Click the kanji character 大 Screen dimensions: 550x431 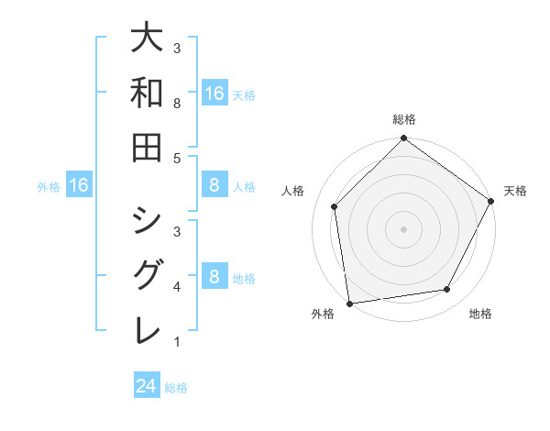[147, 39]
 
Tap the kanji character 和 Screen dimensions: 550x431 [147, 93]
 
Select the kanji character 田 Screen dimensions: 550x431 [147, 146]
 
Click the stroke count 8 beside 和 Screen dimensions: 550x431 [177, 104]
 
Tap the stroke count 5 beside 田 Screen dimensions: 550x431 [177, 158]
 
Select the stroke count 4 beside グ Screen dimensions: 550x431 [177, 288]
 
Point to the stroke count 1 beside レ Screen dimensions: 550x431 [177, 343]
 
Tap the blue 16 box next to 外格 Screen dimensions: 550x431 [79, 186]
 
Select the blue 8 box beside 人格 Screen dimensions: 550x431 [214, 186]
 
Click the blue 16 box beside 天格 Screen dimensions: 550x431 [214, 94]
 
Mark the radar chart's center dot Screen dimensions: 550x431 [403, 228]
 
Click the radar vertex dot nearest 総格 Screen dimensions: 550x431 [403, 139]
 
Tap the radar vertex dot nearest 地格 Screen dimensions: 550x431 [447, 290]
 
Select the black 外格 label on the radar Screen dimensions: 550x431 [323, 314]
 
